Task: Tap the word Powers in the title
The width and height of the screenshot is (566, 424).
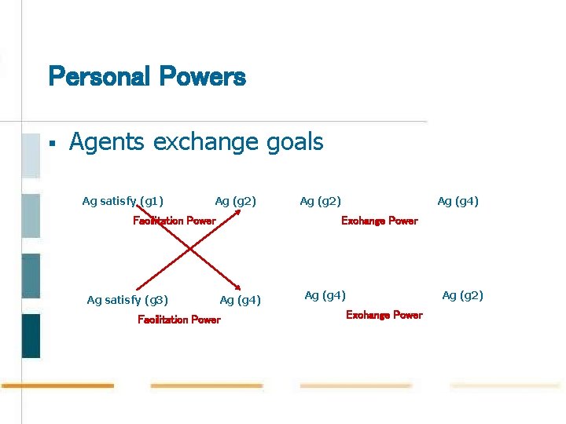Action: (202, 78)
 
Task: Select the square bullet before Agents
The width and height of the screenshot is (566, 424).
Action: (50, 144)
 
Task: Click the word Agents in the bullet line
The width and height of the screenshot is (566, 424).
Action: (107, 142)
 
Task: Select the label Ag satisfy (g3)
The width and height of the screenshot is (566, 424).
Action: (127, 300)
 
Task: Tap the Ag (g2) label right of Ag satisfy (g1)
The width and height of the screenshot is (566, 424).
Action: (236, 202)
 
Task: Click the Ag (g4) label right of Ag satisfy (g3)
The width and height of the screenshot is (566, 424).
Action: (240, 300)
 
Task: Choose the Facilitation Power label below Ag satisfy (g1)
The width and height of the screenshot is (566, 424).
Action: (174, 221)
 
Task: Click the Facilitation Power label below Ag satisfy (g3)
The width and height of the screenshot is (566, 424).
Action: (178, 320)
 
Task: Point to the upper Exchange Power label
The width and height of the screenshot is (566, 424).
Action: (379, 221)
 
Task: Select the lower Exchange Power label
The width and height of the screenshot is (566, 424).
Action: (384, 315)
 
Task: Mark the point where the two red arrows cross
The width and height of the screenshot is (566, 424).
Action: (189, 248)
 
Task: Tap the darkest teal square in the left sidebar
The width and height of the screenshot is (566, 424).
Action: (31, 335)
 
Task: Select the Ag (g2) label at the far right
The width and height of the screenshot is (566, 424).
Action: (462, 295)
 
